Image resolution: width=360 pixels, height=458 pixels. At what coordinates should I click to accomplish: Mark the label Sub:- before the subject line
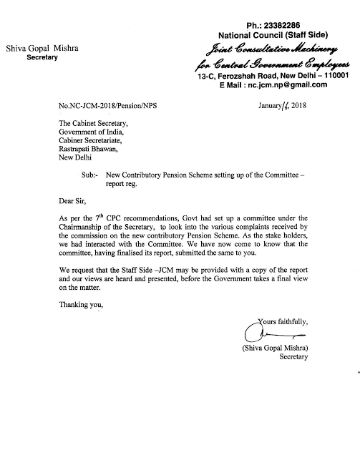[87, 174]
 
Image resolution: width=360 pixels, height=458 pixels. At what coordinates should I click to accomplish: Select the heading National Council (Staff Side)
[266, 34]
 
